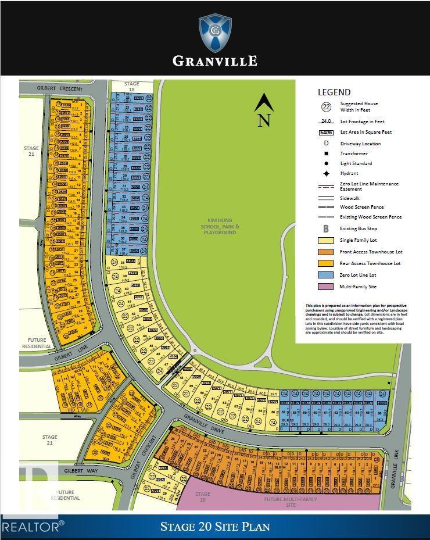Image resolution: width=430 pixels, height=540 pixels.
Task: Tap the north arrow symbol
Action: pyautogui.click(x=264, y=110)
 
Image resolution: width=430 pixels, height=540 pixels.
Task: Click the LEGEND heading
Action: pyautogui.click(x=334, y=92)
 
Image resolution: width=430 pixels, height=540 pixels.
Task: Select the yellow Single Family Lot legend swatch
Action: pyautogui.click(x=325, y=241)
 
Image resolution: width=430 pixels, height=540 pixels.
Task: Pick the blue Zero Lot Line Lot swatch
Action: pyautogui.click(x=325, y=275)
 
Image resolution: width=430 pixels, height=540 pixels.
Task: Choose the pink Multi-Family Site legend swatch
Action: pyautogui.click(x=325, y=287)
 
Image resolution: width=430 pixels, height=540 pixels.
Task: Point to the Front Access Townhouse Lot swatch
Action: pyautogui.click(x=325, y=252)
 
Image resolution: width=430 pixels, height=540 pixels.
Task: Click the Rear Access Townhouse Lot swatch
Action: pyautogui.click(x=325, y=264)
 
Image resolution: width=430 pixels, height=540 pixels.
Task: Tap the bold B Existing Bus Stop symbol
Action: pyautogui.click(x=325, y=228)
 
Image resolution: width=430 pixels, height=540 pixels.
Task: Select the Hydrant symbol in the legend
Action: pyautogui.click(x=325, y=173)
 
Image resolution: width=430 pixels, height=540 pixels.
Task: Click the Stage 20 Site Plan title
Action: pyautogui.click(x=215, y=527)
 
